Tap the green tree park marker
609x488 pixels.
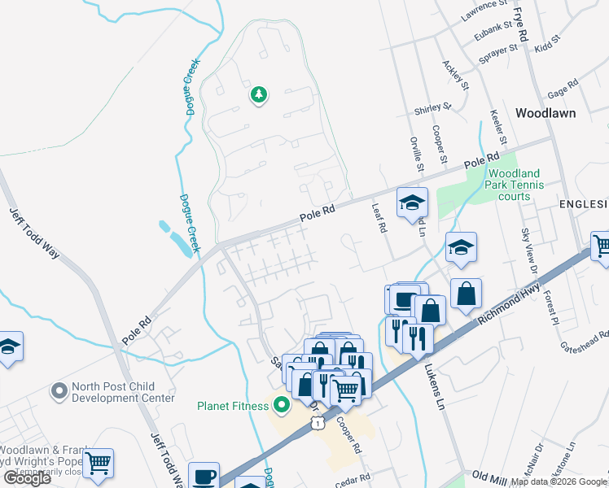click(x=259, y=95)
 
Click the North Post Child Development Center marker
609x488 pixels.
click(x=58, y=392)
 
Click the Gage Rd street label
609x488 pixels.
click(x=562, y=85)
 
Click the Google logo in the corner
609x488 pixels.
click(x=27, y=477)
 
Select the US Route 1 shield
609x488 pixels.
click(x=317, y=424)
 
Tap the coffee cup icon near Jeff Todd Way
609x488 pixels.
click(x=204, y=475)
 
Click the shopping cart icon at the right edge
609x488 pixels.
click(x=602, y=245)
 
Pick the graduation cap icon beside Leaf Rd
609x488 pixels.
click(x=412, y=202)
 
